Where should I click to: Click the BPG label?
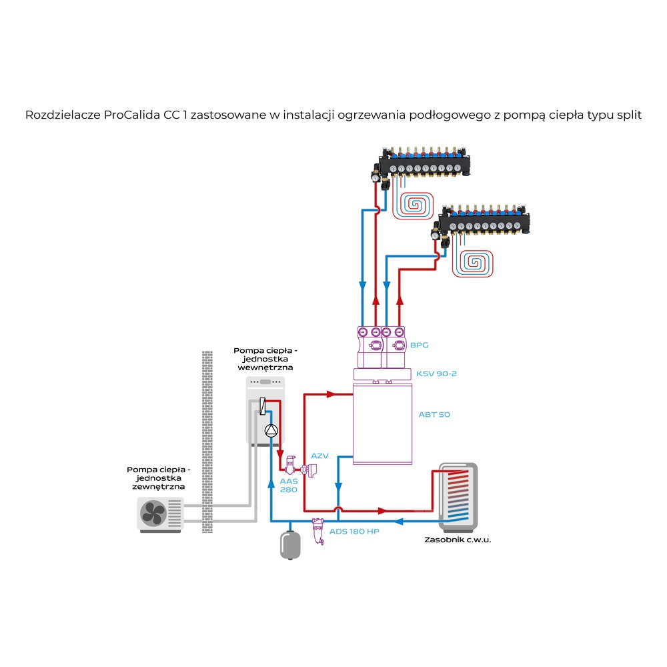420,345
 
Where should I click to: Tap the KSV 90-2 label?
436,374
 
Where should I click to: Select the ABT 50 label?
434,414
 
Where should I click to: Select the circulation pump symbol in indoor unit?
270,431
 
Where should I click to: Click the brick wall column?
207,440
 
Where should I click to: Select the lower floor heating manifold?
482,224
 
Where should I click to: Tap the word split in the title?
628,114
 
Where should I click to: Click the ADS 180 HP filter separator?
317,531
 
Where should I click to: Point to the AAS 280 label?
288,485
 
